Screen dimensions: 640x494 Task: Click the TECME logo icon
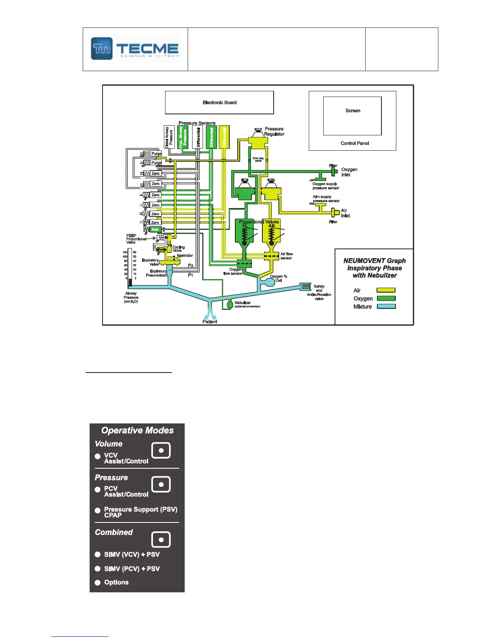pyautogui.click(x=102, y=48)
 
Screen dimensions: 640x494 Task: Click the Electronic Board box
pyautogui.click(x=220, y=103)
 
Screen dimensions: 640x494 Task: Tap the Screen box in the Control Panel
pyautogui.click(x=352, y=116)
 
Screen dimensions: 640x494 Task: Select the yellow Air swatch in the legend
pyautogui.click(x=386, y=290)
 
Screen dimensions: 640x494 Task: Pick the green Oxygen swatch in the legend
pyautogui.click(x=386, y=298)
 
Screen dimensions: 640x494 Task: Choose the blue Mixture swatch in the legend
pyautogui.click(x=386, y=306)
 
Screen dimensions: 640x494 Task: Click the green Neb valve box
pyautogui.click(x=155, y=229)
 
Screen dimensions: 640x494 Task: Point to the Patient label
pyautogui.click(x=209, y=322)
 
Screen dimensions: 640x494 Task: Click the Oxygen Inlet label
pyautogui.click(x=349, y=172)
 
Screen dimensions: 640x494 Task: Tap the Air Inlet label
pyautogui.click(x=345, y=213)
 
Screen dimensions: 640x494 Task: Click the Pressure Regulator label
pyautogui.click(x=274, y=131)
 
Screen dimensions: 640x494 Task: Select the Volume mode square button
pyautogui.click(x=161, y=450)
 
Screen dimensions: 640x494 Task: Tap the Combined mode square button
pyautogui.click(x=161, y=539)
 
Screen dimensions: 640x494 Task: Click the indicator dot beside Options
pyautogui.click(x=98, y=583)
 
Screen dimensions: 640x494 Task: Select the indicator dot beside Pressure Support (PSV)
pyautogui.click(x=98, y=510)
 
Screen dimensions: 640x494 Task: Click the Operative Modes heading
pyautogui.click(x=137, y=431)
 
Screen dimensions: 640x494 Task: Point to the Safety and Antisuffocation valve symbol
pyautogui.click(x=306, y=287)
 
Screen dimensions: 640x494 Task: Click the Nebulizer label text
pyautogui.click(x=243, y=303)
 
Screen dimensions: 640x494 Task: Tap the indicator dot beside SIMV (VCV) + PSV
pyautogui.click(x=98, y=555)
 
